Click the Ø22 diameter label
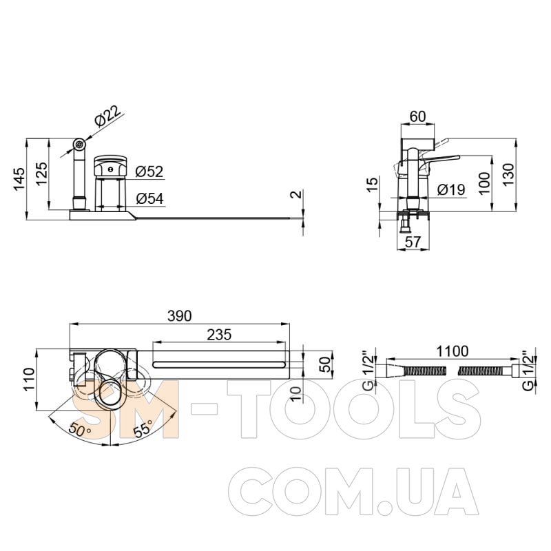tap(108, 115)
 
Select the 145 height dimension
tap(20, 179)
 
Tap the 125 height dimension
tap(41, 174)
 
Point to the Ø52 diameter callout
tap(149, 171)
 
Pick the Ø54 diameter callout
tap(149, 198)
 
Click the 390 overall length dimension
tap(180, 315)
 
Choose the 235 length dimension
tap(219, 335)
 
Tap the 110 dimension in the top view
tap(29, 379)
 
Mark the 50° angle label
tap(80, 429)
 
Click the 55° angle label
tap(143, 428)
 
